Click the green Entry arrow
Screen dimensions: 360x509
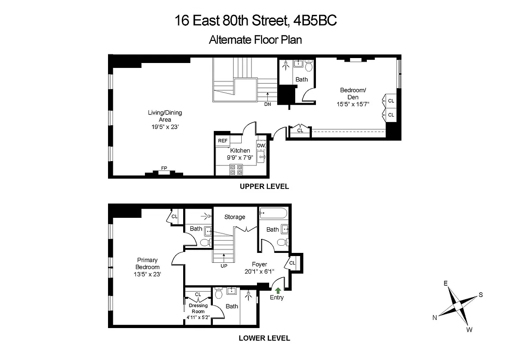coord(278,290)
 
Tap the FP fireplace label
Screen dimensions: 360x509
coord(164,168)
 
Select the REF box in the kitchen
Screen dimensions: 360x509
coord(223,141)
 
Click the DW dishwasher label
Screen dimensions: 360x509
coord(261,145)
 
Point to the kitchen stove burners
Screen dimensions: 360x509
coord(236,170)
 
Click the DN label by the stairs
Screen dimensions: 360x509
coord(268,104)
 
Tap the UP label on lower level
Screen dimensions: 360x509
coord(224,265)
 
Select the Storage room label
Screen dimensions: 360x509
coord(235,217)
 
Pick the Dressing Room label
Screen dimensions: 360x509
coord(198,308)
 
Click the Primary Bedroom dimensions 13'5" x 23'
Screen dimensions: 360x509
coord(147,274)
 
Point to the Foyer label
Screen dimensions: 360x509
coord(259,264)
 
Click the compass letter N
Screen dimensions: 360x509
coord(435,317)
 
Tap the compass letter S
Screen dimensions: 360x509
coord(481,295)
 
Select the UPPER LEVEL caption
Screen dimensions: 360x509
coord(264,186)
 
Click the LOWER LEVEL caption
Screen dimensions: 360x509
coord(264,338)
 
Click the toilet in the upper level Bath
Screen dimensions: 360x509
coord(309,67)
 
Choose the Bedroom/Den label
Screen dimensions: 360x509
coord(353,94)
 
